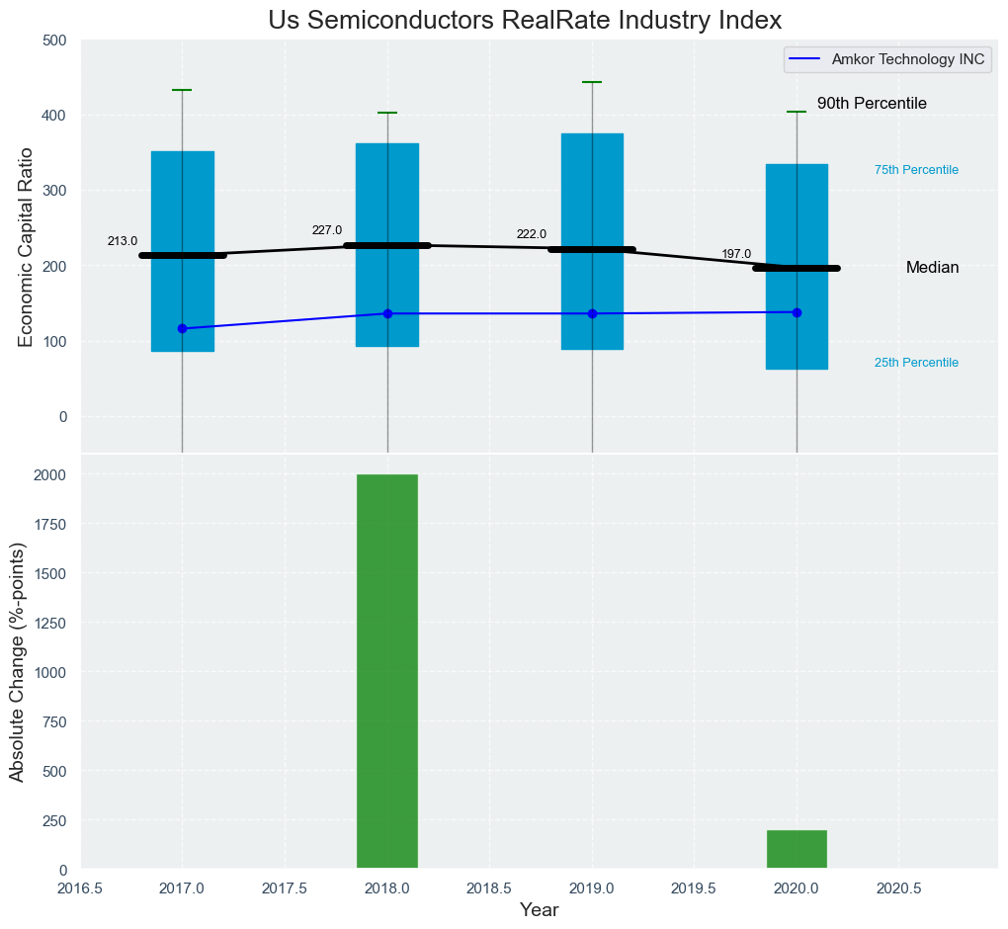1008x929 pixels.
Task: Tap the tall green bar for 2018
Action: [x=387, y=672]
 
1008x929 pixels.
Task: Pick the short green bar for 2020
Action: [x=797, y=850]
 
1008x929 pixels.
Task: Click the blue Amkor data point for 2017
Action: [x=182, y=328]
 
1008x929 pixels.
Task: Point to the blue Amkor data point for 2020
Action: [x=797, y=312]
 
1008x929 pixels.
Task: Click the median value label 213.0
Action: [x=123, y=241]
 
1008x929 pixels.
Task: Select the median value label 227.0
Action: [x=327, y=230]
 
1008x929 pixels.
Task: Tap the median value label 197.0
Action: [x=736, y=254]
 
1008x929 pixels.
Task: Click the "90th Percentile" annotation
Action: [x=872, y=104]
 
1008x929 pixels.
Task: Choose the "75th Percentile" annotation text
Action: [x=916, y=170]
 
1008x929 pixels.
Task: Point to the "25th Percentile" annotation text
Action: [x=916, y=363]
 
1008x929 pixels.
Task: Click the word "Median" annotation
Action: [x=932, y=268]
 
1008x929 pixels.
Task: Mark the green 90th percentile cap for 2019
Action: [x=592, y=82]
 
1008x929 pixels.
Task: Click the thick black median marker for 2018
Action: [x=387, y=245]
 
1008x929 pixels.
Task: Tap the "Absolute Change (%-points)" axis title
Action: [x=17, y=662]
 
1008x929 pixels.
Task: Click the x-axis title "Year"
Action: [x=539, y=910]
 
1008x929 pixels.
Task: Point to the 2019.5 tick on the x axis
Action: [x=694, y=888]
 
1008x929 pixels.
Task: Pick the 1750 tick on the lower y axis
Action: [x=51, y=524]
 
